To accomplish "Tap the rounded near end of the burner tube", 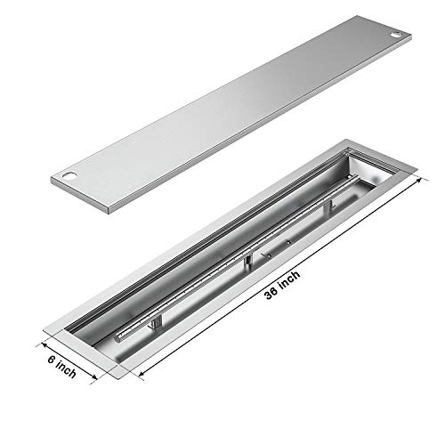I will click(x=123, y=337).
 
